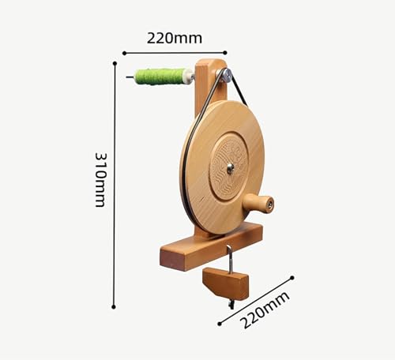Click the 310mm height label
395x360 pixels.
click(100, 180)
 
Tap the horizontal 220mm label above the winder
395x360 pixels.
click(175, 38)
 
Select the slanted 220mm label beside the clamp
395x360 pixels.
click(265, 309)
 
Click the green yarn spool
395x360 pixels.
click(160, 77)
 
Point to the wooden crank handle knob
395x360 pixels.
click(258, 204)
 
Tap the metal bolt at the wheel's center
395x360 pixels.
click(231, 168)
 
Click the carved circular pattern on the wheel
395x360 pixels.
click(229, 167)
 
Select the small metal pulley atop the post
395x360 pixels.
click(227, 75)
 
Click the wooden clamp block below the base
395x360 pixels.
click(226, 283)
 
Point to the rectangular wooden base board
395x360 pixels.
click(211, 246)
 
